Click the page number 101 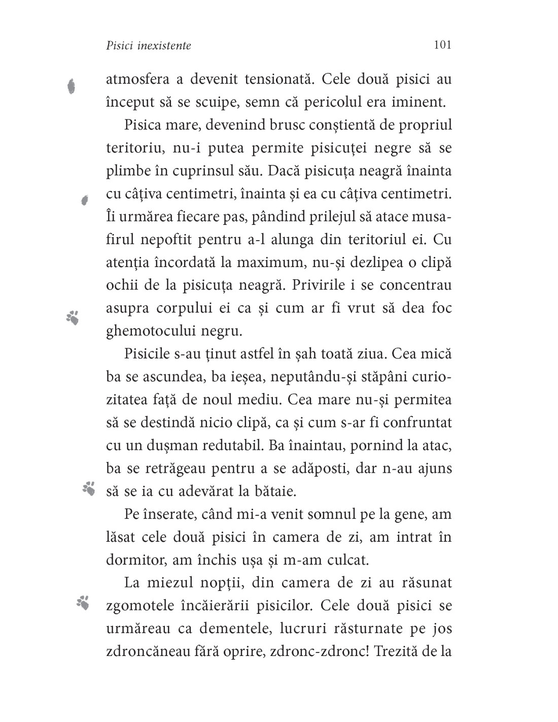click(442, 45)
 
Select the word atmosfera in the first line click(136, 79)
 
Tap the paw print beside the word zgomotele click(83, 602)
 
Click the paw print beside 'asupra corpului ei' click(73, 317)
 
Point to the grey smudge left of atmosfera click(72, 86)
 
